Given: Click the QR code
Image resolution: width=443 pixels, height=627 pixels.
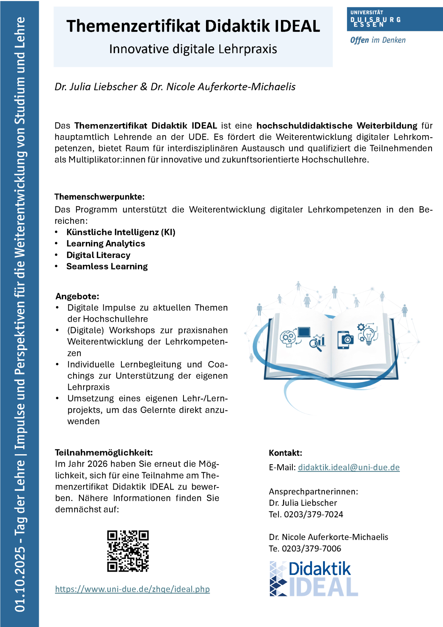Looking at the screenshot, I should pyautogui.click(x=128, y=551).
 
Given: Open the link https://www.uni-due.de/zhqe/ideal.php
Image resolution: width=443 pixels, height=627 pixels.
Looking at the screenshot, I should pyautogui.click(x=132, y=589).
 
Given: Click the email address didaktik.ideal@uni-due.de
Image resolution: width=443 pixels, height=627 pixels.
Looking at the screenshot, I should pyautogui.click(x=348, y=467).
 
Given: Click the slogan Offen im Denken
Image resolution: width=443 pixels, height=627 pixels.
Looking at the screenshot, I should pyautogui.click(x=378, y=40).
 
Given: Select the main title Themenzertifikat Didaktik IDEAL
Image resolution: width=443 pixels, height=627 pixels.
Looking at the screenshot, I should pyautogui.click(x=193, y=26).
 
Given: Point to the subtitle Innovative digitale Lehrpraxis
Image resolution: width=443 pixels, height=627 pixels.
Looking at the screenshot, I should pyautogui.click(x=193, y=49).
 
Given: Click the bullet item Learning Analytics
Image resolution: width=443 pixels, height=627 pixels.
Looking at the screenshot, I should pyautogui.click(x=106, y=244).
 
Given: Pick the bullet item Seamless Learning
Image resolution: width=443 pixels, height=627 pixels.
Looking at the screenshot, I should pyautogui.click(x=107, y=267).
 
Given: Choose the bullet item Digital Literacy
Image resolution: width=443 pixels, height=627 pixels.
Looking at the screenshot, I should pyautogui.click(x=98, y=255).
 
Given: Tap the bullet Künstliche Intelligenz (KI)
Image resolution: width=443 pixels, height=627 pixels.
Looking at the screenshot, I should pyautogui.click(x=121, y=232).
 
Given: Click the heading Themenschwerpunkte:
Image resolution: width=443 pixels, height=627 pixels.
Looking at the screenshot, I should pyautogui.click(x=99, y=196).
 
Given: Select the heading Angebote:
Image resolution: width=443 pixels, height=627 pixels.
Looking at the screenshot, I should pyautogui.click(x=77, y=296).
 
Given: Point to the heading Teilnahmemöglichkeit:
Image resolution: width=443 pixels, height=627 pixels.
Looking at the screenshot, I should pyautogui.click(x=104, y=453).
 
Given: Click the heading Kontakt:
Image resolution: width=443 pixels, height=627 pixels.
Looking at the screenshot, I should pyautogui.click(x=285, y=453).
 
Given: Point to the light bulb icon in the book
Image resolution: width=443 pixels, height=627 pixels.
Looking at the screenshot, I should pyautogui.click(x=368, y=336).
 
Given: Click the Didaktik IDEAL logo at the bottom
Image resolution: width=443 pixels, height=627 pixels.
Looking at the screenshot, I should pyautogui.click(x=314, y=579).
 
